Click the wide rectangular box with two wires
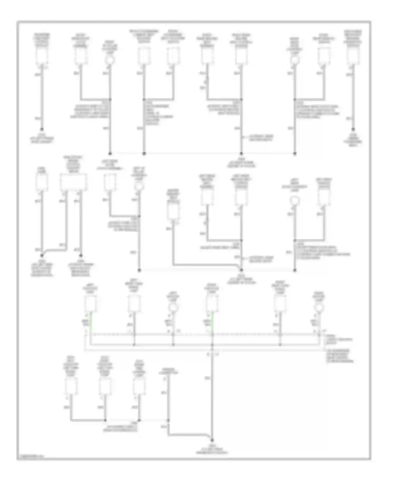tap(73, 182)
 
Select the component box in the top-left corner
tap(42, 56)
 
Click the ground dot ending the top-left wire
tap(42, 129)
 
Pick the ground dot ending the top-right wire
tap(353, 129)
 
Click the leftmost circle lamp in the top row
tap(110, 60)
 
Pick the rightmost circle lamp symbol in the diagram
tap(319, 307)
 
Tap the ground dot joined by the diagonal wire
tap(42, 255)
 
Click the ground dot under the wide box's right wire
tap(81, 255)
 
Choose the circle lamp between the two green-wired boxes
tap(173, 307)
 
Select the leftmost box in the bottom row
tap(71, 386)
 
